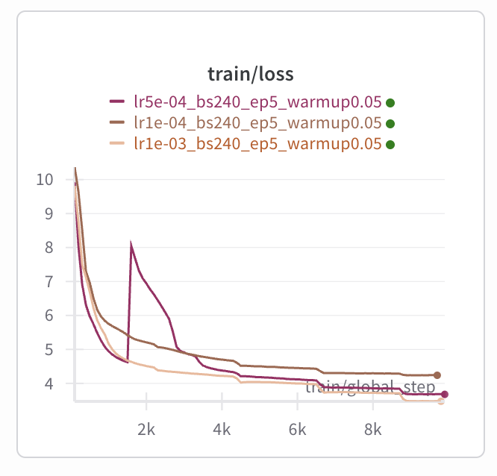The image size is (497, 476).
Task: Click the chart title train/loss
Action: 250,74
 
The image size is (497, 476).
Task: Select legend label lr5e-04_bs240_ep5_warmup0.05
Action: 257,102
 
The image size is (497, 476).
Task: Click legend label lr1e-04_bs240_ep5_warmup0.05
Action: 257,123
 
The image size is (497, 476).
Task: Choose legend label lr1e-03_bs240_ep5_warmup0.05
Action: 257,143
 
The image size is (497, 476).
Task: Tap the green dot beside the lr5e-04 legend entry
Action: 390,103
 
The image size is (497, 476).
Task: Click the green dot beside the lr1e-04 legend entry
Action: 390,124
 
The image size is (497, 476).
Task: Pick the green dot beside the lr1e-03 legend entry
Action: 390,144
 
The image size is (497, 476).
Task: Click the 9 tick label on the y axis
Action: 49,213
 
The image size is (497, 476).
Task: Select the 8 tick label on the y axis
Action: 49,248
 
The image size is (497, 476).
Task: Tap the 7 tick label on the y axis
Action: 49,281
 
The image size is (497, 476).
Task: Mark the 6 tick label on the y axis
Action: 49,316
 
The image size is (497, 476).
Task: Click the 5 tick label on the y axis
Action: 49,350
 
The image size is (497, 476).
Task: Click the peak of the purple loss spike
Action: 131,245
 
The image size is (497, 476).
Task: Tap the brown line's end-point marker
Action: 437,375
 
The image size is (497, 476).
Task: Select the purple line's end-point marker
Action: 445,394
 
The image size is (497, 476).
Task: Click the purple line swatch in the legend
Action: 116,102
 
